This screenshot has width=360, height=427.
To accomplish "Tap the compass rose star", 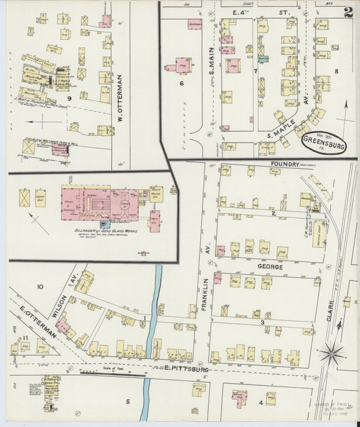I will tap(331, 352).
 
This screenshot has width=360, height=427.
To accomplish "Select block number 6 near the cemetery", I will tap(182, 83).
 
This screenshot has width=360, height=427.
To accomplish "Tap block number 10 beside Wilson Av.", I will tap(40, 287).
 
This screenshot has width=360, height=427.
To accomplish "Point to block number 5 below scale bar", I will tap(126, 401).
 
